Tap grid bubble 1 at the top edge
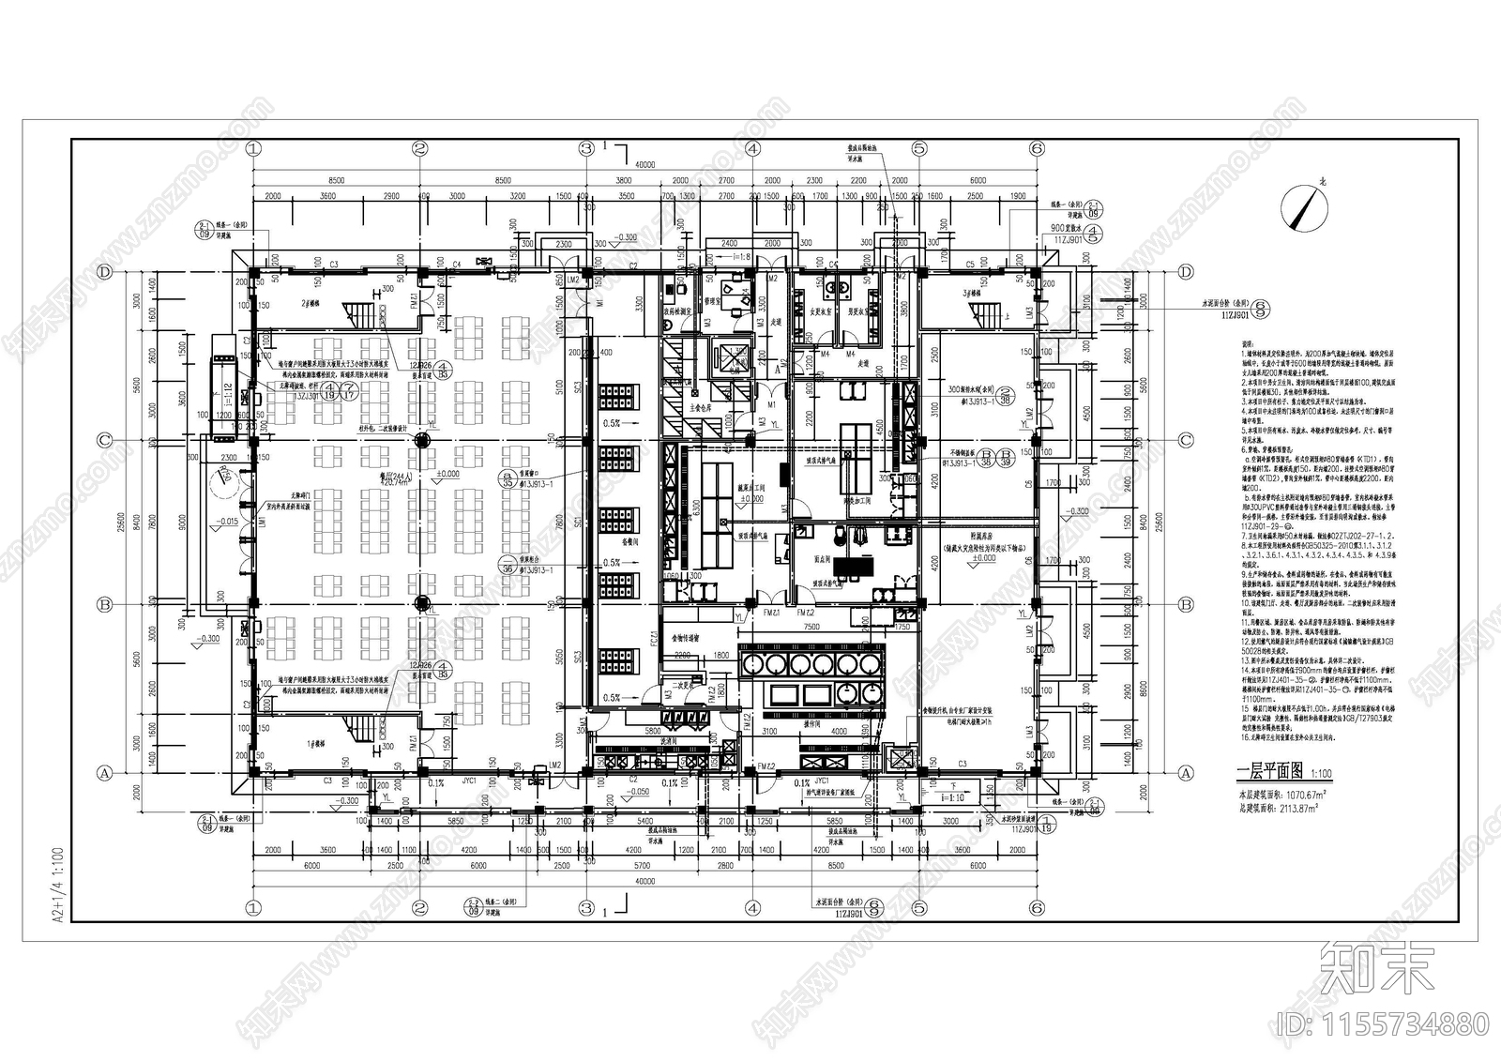tap(252, 148)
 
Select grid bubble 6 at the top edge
tap(1037, 148)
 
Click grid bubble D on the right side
tap(1186, 272)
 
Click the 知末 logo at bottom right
tap(1377, 970)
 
